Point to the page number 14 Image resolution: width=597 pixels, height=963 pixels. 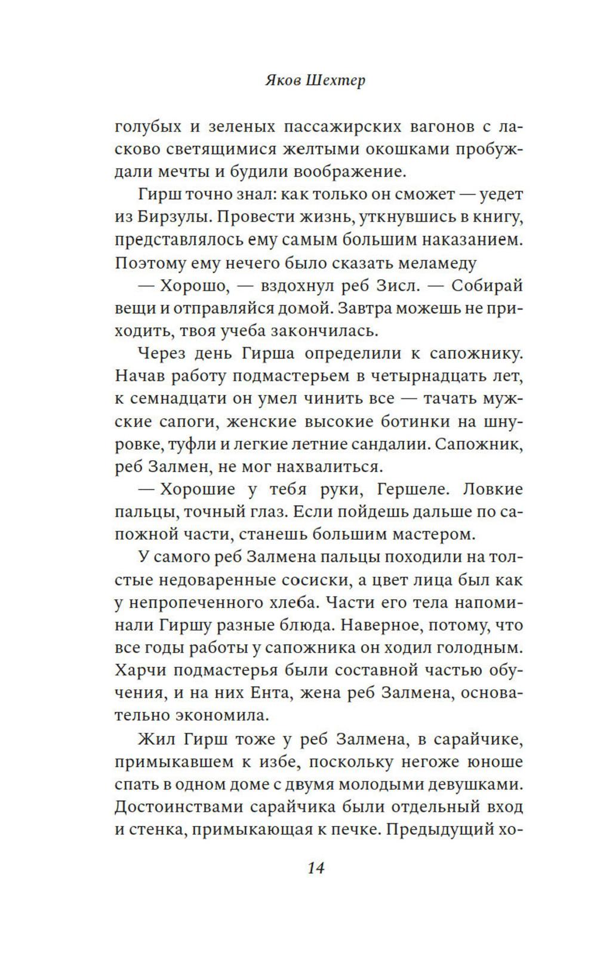[x=315, y=868]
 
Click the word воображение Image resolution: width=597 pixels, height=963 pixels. [x=346, y=172]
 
